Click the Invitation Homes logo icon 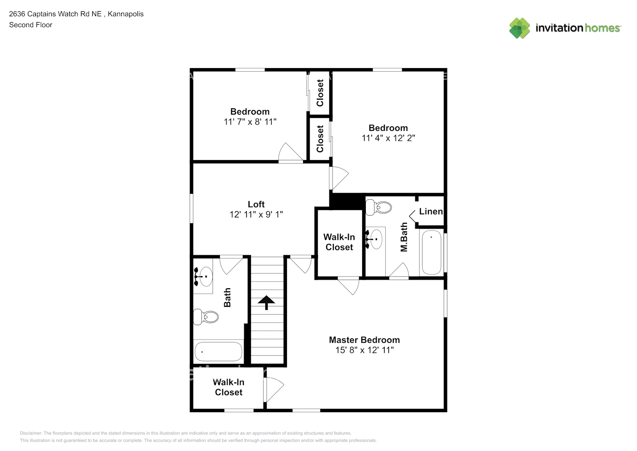tap(519, 28)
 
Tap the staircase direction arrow tap(266, 302)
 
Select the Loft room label tap(256, 204)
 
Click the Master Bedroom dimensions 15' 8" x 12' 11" tap(364, 350)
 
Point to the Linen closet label tap(431, 211)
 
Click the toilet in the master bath tap(378, 207)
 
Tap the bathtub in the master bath tap(432, 253)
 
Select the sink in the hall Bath tap(203, 276)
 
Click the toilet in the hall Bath tap(206, 317)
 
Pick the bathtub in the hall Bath tap(218, 352)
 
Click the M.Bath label tap(404, 237)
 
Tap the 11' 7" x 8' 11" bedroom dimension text tap(250, 122)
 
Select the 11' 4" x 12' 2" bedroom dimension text tap(388, 138)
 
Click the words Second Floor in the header tap(31, 25)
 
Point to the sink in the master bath tap(375, 239)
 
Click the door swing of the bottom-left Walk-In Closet tap(274, 390)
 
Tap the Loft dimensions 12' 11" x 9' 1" tap(256, 214)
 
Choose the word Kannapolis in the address tap(126, 14)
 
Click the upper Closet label tap(320, 93)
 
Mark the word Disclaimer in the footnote tap(31, 433)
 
